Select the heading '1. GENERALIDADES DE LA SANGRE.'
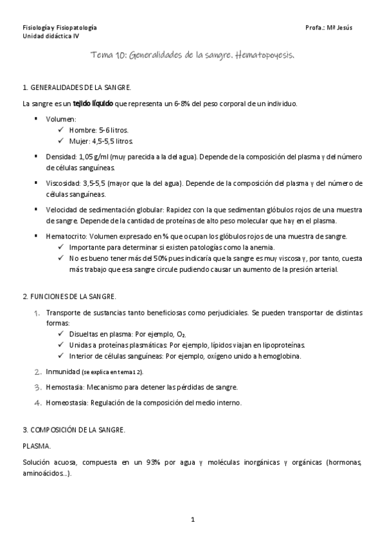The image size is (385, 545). tap(76, 87)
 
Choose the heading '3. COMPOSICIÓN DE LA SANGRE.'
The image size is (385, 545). tap(74, 429)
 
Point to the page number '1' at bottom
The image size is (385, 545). tap(192, 517)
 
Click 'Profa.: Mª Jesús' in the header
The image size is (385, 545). tap(330, 28)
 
